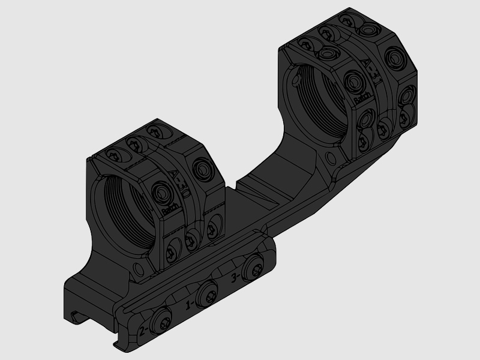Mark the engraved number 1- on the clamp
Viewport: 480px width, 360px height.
point(191,304)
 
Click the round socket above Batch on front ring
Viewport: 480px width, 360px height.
point(161,193)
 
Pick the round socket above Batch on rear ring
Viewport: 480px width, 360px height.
point(351,79)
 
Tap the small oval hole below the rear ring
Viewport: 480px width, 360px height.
point(329,159)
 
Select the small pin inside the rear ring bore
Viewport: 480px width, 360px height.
point(295,75)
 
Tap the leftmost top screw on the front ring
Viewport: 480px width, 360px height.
point(112,155)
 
